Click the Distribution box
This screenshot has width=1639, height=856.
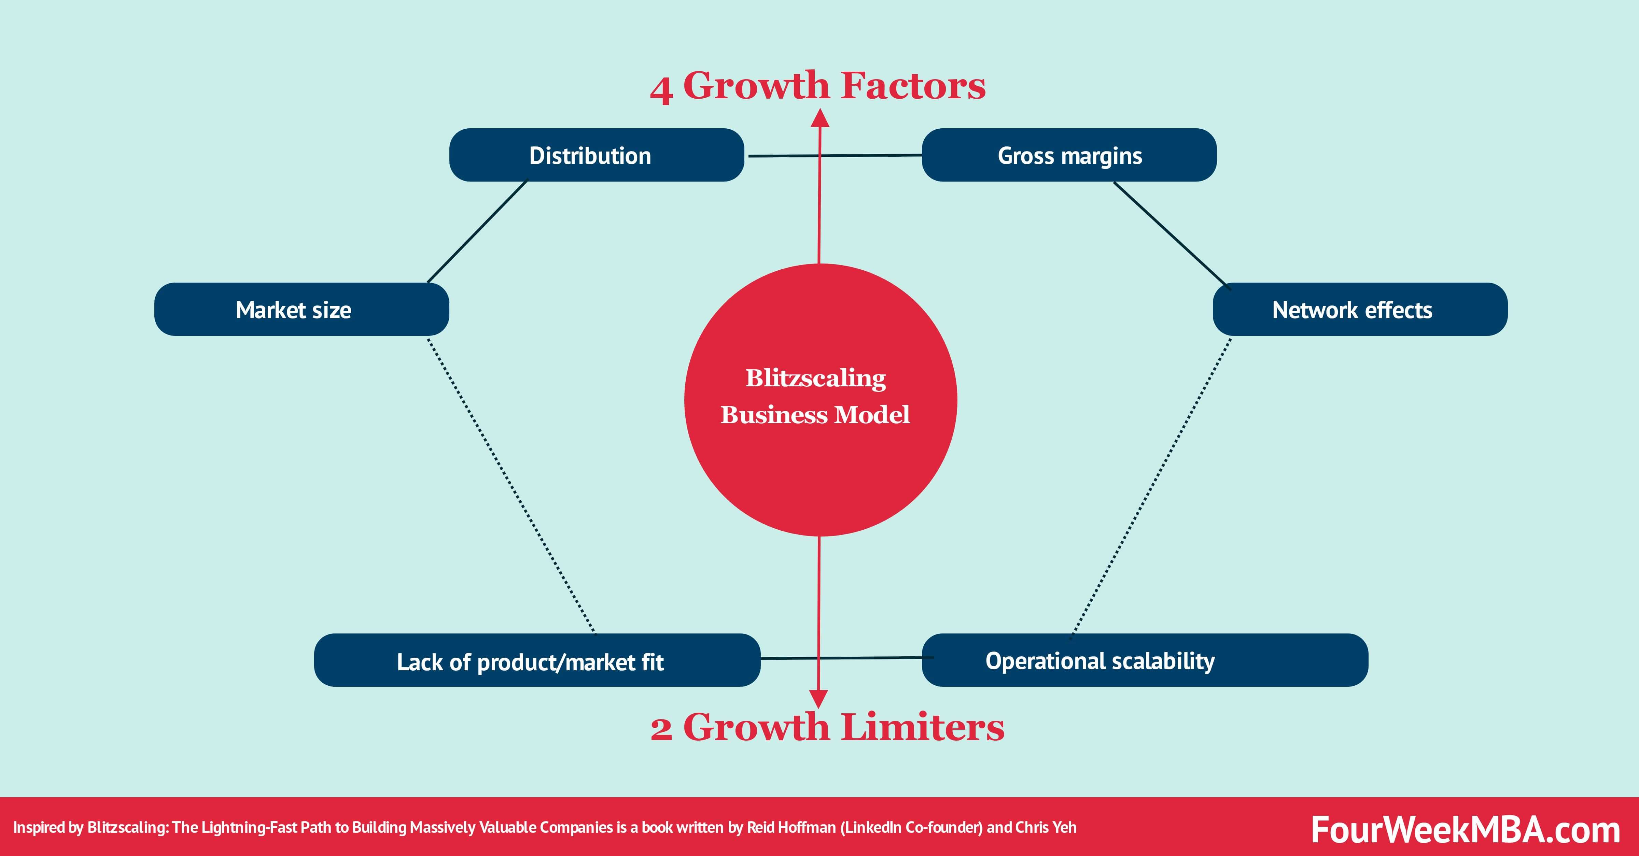pyautogui.click(x=596, y=155)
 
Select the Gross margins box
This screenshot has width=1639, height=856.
pyautogui.click(x=1069, y=155)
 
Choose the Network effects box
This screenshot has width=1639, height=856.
pyautogui.click(x=1360, y=310)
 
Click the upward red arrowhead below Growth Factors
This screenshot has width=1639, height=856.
pyautogui.click(x=820, y=118)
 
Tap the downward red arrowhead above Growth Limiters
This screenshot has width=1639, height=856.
pyautogui.click(x=819, y=698)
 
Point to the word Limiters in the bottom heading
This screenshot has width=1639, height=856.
pyautogui.click(x=923, y=728)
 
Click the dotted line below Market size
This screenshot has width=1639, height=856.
pyautogui.click(x=511, y=486)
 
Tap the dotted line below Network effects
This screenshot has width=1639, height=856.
pyautogui.click(x=1152, y=486)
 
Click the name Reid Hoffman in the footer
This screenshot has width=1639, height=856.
pyautogui.click(x=791, y=827)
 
